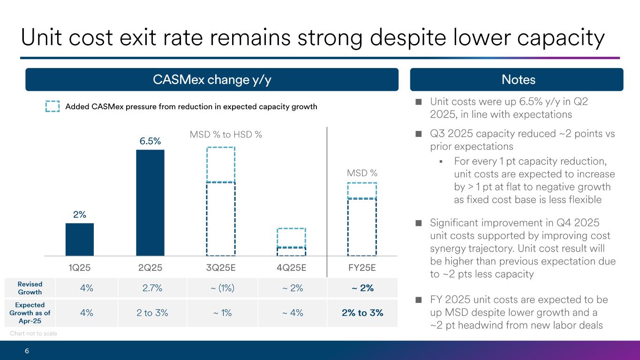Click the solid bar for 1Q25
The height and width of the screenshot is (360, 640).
80,239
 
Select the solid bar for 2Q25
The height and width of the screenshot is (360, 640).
150,202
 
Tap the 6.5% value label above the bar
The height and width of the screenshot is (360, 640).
150,141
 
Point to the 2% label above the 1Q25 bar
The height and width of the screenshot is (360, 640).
79,215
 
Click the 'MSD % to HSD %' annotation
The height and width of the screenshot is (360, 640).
226,135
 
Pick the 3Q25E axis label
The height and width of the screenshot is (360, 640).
220,268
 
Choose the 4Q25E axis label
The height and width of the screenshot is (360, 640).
291,268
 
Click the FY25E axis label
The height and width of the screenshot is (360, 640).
361,268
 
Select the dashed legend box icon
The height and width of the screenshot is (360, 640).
53,106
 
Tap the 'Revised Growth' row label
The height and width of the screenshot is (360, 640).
30,288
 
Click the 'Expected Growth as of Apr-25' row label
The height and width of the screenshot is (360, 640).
30,313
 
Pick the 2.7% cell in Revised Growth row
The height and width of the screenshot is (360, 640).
152,288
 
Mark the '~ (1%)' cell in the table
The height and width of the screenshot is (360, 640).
221,288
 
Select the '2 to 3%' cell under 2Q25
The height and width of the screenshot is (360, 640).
152,313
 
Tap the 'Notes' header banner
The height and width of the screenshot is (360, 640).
518,80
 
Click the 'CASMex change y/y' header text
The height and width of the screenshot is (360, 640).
212,80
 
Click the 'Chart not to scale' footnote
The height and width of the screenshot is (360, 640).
33,333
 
